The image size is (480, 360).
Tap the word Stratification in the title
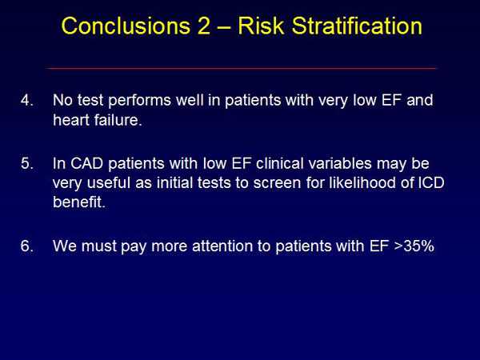(x=357, y=26)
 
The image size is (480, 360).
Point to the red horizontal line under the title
(x=242, y=68)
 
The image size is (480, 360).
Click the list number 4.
(x=26, y=100)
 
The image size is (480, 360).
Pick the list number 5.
(x=26, y=163)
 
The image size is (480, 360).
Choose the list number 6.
(x=26, y=246)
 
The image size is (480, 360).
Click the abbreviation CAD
(x=87, y=163)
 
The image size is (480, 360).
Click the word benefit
(x=79, y=202)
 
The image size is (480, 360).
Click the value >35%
(x=414, y=246)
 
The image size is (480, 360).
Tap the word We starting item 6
(x=65, y=246)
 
